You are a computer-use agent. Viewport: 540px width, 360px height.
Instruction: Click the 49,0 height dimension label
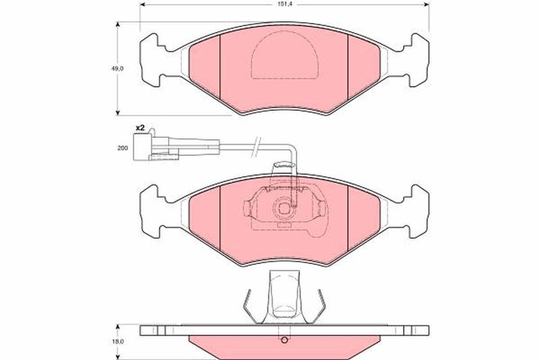pyautogui.click(x=117, y=68)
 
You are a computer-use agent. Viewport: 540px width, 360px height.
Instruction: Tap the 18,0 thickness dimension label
pyautogui.click(x=117, y=342)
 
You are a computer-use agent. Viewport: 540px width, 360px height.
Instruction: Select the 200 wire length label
pyautogui.click(x=122, y=148)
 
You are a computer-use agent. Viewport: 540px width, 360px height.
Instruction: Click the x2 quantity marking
pyautogui.click(x=140, y=128)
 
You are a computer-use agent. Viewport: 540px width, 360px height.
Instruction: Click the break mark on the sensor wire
pyautogui.click(x=256, y=147)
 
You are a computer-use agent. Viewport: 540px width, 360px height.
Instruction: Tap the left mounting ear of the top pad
pyautogui.click(x=153, y=60)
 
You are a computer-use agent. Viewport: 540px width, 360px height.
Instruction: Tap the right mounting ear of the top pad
pyautogui.click(x=416, y=60)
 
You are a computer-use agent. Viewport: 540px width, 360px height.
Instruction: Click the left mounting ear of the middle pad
pyautogui.click(x=153, y=211)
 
